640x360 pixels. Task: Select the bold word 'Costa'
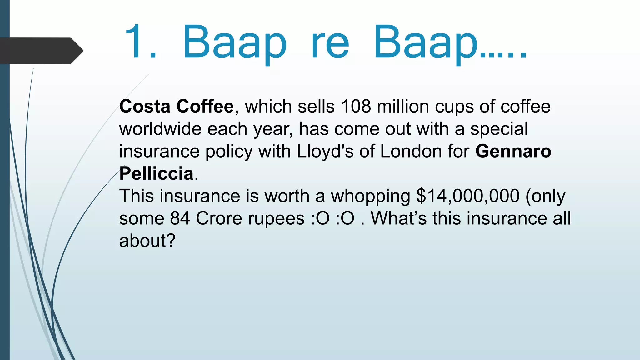pyautogui.click(x=145, y=106)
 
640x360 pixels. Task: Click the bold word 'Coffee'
pyautogui.click(x=205, y=106)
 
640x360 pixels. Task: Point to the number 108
pyautogui.click(x=356, y=106)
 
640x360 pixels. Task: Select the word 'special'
pyautogui.click(x=499, y=129)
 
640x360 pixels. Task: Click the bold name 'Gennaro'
pyautogui.click(x=513, y=151)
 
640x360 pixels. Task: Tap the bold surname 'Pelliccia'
pyautogui.click(x=156, y=174)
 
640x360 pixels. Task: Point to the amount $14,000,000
pyautogui.click(x=468, y=196)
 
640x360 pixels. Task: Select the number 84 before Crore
pyautogui.click(x=180, y=218)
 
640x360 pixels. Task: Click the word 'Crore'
pyautogui.click(x=219, y=218)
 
